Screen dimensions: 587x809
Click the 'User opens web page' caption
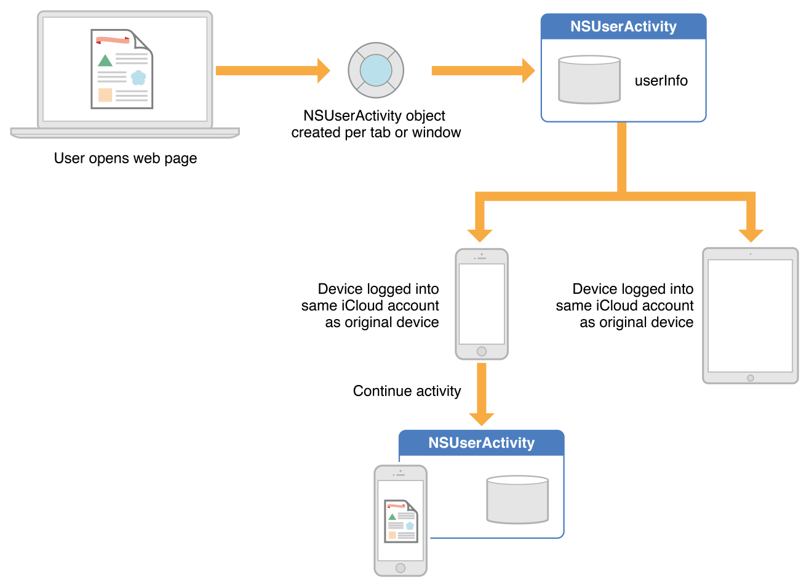(x=126, y=158)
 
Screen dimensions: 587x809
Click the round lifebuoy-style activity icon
(x=376, y=70)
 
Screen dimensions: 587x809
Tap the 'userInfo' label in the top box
(x=661, y=81)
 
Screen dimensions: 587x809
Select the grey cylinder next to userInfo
(x=589, y=80)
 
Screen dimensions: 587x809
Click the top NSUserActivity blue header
(x=623, y=26)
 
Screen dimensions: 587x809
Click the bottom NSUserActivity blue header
(x=481, y=443)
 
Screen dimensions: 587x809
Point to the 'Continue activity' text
(x=407, y=391)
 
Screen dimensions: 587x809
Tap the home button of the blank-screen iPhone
(x=482, y=352)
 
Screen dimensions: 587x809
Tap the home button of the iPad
(x=750, y=378)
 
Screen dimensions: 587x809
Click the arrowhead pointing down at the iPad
(x=751, y=234)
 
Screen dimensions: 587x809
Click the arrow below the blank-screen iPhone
(x=482, y=394)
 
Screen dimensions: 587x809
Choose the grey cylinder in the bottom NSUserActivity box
(x=517, y=500)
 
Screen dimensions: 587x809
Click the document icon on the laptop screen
(x=122, y=69)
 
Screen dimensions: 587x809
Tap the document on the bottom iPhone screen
(x=401, y=521)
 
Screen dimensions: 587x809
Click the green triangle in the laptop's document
(x=105, y=60)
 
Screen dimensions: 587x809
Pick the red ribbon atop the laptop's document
(x=113, y=40)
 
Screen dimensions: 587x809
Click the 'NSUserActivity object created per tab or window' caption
(x=376, y=124)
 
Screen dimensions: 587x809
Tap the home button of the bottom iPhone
(x=401, y=568)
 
